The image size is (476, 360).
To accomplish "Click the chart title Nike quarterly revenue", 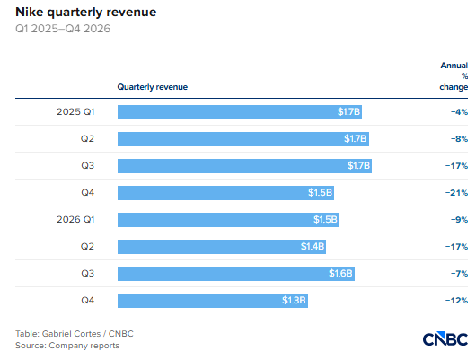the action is pyautogui.click(x=86, y=13).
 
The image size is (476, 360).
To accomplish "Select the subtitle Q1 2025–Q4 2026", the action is pyautogui.click(x=63, y=29).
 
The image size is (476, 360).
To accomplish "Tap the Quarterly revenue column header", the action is pyautogui.click(x=153, y=87).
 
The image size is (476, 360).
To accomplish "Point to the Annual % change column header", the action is pyautogui.click(x=454, y=76).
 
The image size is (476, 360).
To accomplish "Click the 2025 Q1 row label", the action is pyautogui.click(x=75, y=111).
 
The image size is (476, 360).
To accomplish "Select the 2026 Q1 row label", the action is pyautogui.click(x=75, y=219).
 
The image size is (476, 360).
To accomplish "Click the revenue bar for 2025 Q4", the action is pyautogui.click(x=225, y=193).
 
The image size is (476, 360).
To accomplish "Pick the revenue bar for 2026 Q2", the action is pyautogui.click(x=222, y=247).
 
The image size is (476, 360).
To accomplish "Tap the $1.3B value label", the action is pyautogui.click(x=294, y=300).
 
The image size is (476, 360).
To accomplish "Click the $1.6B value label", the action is pyautogui.click(x=340, y=273).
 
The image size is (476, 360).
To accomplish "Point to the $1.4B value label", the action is pyautogui.click(x=313, y=246).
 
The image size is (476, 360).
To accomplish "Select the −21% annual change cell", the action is pyautogui.click(x=456, y=193).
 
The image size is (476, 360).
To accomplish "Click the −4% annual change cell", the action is pyautogui.click(x=459, y=112).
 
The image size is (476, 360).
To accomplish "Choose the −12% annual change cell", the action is pyautogui.click(x=456, y=301).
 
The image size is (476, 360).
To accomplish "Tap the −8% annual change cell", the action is pyautogui.click(x=459, y=139).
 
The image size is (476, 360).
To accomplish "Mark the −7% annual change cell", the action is pyautogui.click(x=459, y=274).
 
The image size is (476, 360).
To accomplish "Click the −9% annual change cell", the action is pyautogui.click(x=459, y=220).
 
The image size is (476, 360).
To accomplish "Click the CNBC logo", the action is pyautogui.click(x=445, y=339).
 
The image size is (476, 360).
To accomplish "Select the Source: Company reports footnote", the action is pyautogui.click(x=67, y=346).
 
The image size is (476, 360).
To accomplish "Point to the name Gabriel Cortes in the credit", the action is pyautogui.click(x=71, y=334).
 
